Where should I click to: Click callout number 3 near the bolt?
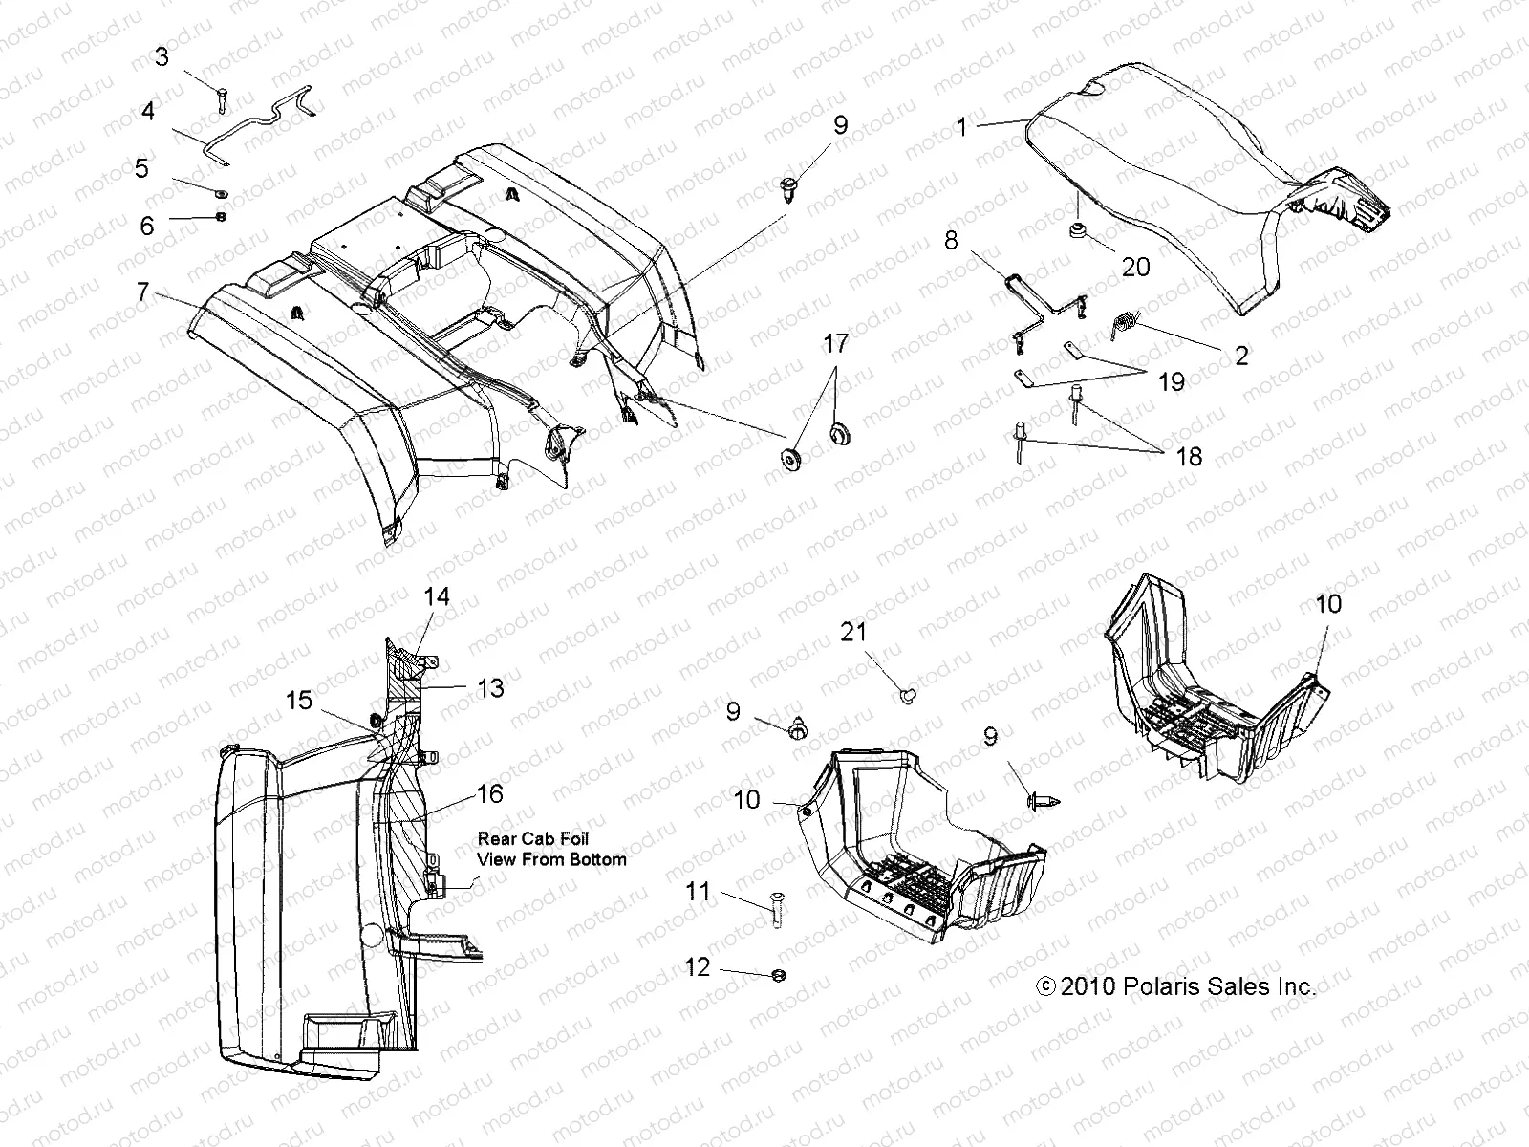pos(162,57)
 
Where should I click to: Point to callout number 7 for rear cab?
pos(143,291)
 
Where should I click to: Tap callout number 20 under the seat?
pos(1135,267)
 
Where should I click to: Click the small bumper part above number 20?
pos(1103,230)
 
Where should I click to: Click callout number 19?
pos(1171,382)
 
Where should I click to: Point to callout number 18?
pos(1188,456)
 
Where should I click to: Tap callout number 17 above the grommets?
pos(835,343)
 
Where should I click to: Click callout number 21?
pos(854,631)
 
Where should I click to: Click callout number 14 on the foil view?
pos(437,596)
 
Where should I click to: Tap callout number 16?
pos(488,793)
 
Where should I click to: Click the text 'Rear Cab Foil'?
pos(533,838)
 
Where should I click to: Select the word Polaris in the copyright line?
pos(1158,986)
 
